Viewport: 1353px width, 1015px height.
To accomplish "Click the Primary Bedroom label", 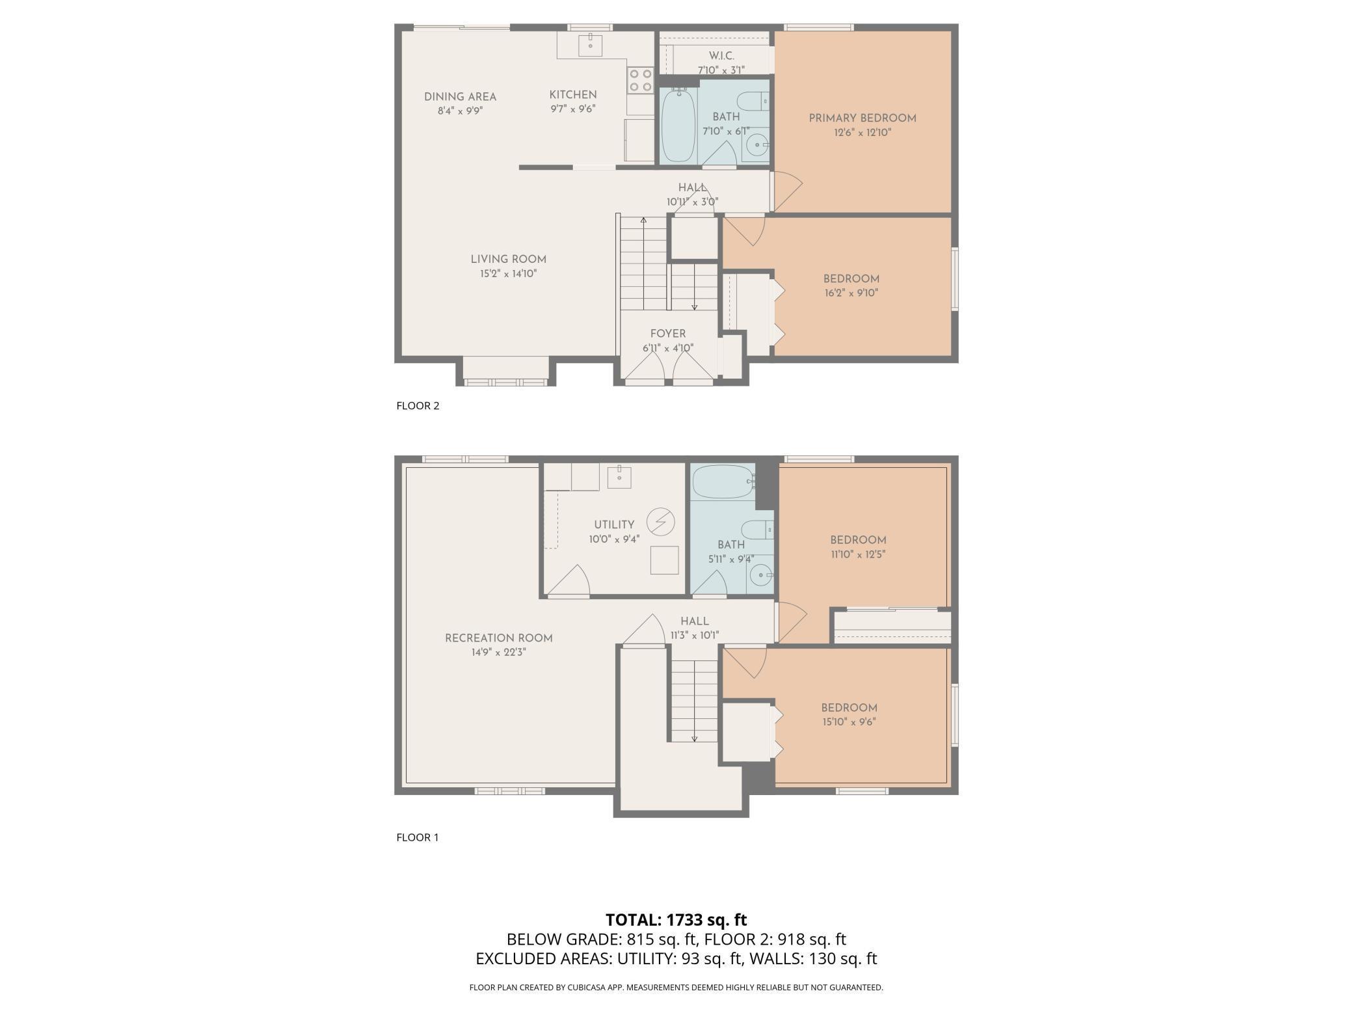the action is [862, 118].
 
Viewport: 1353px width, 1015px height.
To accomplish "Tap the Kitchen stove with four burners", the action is [641, 80].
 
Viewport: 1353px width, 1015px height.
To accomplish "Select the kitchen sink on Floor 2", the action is [590, 45].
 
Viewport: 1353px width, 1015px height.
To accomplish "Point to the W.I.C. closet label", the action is [721, 57].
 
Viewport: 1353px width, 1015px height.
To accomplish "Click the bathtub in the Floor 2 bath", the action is [678, 125].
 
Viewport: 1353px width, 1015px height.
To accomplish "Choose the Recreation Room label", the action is [499, 638].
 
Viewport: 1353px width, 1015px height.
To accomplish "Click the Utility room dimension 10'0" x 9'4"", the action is [614, 539].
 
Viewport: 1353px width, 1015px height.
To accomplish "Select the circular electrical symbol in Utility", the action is [661, 522].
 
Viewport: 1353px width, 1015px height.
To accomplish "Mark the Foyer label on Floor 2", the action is [668, 334].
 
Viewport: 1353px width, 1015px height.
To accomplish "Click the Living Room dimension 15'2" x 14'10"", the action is [509, 274].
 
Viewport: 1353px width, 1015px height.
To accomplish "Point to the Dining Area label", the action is [461, 97].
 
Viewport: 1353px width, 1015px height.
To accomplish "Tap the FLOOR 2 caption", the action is [418, 406].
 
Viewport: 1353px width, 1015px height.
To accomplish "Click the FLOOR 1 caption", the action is [418, 837].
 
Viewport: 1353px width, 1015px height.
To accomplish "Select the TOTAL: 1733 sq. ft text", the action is [676, 919].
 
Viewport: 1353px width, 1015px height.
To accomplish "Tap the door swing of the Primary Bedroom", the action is [787, 191].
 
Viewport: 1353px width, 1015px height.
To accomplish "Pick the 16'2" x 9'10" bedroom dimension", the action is [851, 293].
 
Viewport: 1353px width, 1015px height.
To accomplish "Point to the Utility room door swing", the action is [569, 580].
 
